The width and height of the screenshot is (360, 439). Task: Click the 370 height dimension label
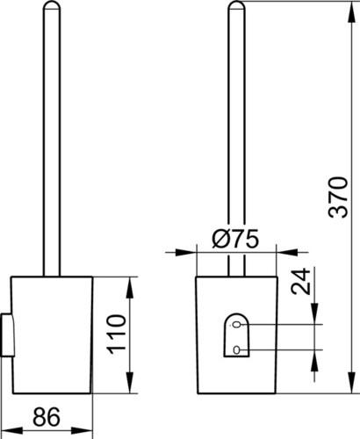[338, 197]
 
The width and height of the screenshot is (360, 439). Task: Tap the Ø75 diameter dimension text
[235, 238]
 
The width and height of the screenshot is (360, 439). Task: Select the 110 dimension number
[117, 335]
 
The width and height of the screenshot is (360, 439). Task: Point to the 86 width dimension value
[47, 417]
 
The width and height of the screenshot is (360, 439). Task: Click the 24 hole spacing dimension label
[300, 281]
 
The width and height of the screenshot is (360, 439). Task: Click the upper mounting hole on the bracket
[236, 325]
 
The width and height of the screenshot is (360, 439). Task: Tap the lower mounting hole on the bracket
[236, 349]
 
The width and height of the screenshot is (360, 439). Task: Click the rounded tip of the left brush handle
[52, 4]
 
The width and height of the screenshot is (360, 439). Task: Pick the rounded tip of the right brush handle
[236, 4]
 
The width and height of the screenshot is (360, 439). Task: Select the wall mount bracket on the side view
[7, 335]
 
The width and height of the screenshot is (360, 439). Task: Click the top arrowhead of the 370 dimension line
[350, 12]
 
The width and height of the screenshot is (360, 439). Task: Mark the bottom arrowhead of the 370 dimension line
[350, 383]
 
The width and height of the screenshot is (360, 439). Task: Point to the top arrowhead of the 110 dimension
[131, 288]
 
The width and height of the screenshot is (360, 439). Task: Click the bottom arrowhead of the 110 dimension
[131, 383]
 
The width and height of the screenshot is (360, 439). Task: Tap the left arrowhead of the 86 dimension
[12, 430]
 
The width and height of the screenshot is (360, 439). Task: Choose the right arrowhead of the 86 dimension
[83, 430]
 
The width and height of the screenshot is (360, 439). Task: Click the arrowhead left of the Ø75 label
[185, 252]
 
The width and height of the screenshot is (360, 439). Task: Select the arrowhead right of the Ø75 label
[287, 252]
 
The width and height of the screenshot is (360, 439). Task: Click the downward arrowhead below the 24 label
[314, 313]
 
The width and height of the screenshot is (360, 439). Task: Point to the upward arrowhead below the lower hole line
[314, 361]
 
